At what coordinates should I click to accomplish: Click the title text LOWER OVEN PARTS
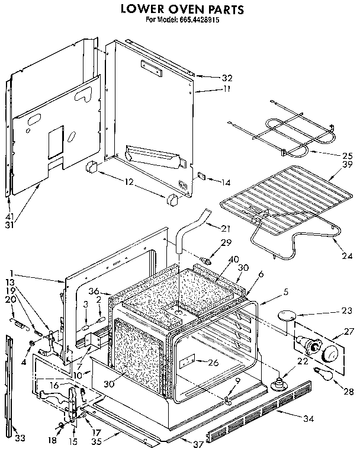pos(181,9)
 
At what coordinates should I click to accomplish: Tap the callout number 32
pos(210,78)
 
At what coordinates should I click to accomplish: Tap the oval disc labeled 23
pos(289,315)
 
